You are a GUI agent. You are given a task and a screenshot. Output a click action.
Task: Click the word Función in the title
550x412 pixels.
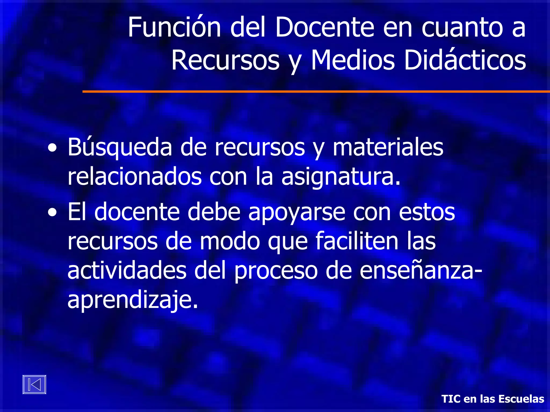[174, 27]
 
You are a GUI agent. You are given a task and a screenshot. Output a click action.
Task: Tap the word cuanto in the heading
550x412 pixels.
[462, 28]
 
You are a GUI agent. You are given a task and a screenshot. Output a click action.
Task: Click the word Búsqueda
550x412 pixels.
[120, 147]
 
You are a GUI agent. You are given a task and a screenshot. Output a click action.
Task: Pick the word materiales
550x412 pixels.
[388, 147]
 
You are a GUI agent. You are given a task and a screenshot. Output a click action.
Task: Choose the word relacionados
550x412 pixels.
[135, 177]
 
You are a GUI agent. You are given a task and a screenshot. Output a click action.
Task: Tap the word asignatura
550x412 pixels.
[341, 177]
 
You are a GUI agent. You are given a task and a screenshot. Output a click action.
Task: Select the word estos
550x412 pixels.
[427, 212]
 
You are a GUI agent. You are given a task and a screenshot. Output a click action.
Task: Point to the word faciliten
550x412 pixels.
[357, 241]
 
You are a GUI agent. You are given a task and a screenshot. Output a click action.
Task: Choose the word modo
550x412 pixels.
[230, 241]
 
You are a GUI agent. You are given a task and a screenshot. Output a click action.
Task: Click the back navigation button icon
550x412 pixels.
[34, 384]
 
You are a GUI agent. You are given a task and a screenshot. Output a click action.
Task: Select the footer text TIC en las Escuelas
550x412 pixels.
[493, 399]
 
